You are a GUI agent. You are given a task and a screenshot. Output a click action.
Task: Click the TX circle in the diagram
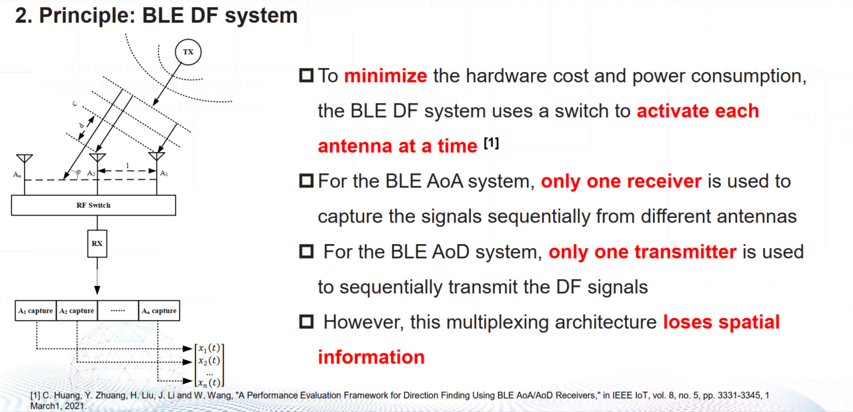point(188,52)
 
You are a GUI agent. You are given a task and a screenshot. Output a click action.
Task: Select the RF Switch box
point(93,205)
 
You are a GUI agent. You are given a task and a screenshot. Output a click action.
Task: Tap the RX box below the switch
point(97,243)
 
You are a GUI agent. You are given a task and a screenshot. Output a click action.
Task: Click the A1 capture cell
point(35,311)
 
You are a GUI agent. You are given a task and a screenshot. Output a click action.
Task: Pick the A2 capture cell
point(77,311)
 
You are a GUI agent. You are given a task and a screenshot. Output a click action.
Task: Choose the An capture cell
point(159,311)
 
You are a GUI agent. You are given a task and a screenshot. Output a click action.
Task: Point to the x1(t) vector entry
point(208,348)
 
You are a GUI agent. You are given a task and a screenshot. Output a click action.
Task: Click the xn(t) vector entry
point(208,383)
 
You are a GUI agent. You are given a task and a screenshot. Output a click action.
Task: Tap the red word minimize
point(385,76)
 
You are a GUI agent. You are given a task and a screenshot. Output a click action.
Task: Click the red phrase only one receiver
point(621,181)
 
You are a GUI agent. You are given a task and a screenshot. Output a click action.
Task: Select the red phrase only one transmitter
point(642,252)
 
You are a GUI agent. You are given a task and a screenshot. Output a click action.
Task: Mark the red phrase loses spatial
point(721,323)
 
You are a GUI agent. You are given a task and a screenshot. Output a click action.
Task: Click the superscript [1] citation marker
point(490,143)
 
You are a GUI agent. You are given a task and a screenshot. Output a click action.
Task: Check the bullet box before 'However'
point(306,323)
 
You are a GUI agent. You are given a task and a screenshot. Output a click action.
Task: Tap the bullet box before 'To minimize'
point(306,76)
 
